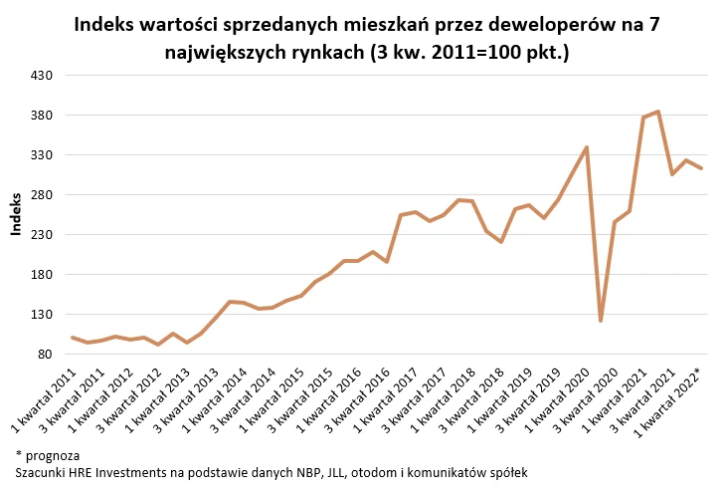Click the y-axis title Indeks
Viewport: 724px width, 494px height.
point(16,215)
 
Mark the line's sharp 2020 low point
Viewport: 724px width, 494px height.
point(600,321)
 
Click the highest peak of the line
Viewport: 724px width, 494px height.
point(658,112)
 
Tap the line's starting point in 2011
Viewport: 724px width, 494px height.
point(72,338)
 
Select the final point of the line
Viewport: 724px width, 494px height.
point(702,168)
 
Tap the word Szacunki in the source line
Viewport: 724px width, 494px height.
point(43,472)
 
